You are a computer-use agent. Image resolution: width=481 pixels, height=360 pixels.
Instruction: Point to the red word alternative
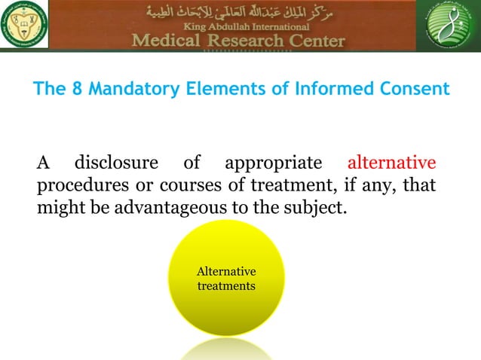click(391, 162)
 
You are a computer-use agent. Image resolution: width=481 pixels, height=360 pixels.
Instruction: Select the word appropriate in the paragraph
click(272, 162)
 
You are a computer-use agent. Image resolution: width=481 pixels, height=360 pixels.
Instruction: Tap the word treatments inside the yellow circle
click(225, 287)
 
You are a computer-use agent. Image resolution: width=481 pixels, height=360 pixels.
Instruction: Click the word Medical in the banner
click(166, 40)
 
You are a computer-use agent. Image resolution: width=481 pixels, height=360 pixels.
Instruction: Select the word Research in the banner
click(240, 40)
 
